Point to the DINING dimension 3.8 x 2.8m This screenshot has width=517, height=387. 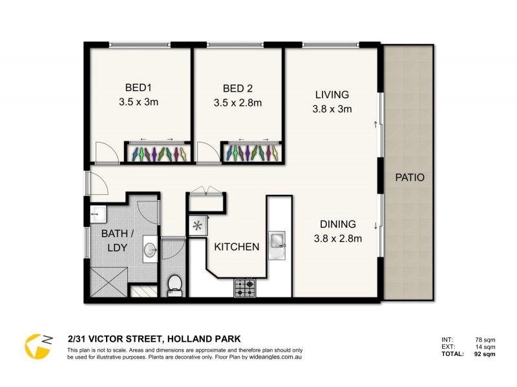pyautogui.click(x=337, y=238)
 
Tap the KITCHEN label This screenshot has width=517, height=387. pyautogui.click(x=237, y=246)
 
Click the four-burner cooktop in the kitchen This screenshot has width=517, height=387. pyautogui.click(x=245, y=288)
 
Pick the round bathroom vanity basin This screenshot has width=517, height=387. pyautogui.click(x=150, y=249)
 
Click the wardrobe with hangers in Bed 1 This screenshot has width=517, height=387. pyautogui.click(x=157, y=154)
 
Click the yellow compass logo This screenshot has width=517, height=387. pyautogui.click(x=37, y=346)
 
